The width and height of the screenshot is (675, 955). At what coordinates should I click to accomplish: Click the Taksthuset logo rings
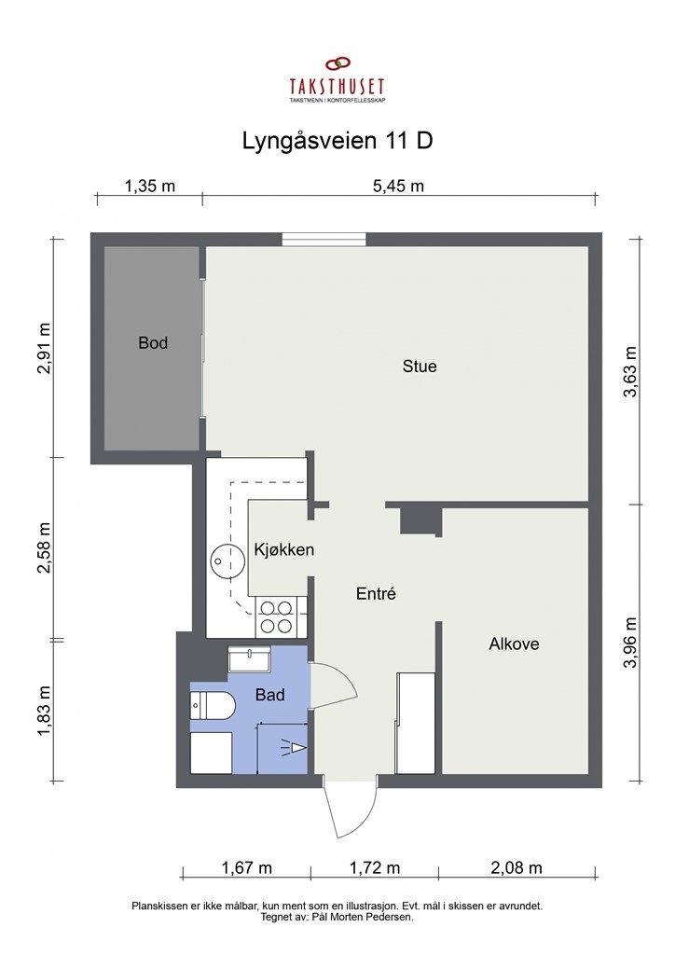(x=337, y=63)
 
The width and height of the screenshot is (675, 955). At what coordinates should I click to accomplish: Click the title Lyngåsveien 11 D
(x=337, y=141)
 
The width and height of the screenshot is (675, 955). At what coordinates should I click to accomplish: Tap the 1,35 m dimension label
(x=150, y=186)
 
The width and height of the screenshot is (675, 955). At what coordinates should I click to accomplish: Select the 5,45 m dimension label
(x=398, y=186)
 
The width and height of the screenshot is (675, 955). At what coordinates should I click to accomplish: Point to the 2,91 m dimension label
(x=44, y=348)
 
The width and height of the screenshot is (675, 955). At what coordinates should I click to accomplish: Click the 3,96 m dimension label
(x=630, y=643)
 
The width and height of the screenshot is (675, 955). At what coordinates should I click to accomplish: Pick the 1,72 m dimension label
(x=375, y=867)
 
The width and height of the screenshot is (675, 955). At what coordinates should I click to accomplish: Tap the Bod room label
(x=153, y=343)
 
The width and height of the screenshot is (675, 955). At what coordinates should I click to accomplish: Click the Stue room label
(x=420, y=366)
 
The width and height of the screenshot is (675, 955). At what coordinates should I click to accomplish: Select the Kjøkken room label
(x=283, y=550)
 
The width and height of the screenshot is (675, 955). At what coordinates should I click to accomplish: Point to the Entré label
(x=376, y=593)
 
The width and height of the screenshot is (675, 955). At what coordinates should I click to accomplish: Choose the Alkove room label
(x=514, y=644)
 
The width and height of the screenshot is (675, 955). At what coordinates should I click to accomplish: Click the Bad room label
(x=269, y=695)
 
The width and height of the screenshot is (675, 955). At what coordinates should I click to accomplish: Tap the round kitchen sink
(x=223, y=561)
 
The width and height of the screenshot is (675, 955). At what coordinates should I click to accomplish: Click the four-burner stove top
(x=276, y=616)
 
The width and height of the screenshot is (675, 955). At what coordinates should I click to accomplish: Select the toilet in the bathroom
(x=213, y=706)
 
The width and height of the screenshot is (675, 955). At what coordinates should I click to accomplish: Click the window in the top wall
(x=324, y=240)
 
